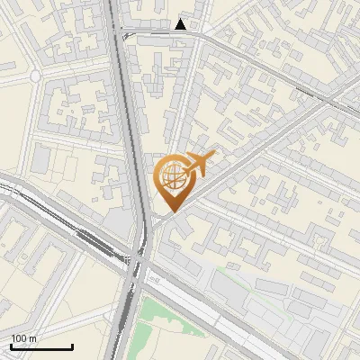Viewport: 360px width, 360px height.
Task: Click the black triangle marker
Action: coord(182,24)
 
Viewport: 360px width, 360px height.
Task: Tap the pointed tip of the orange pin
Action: coord(170,211)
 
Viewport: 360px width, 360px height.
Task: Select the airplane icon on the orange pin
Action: coord(196,165)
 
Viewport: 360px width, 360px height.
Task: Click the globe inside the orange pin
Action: coord(171,177)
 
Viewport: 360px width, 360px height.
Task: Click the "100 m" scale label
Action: coord(24,338)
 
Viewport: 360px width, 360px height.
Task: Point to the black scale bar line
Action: coord(41,346)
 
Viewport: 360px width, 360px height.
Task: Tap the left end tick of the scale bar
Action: coord(11,345)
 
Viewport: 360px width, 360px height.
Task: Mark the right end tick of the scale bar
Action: coord(72,345)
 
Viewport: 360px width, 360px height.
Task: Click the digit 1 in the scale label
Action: coord(13,338)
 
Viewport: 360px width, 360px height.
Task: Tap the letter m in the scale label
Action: coord(33,338)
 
